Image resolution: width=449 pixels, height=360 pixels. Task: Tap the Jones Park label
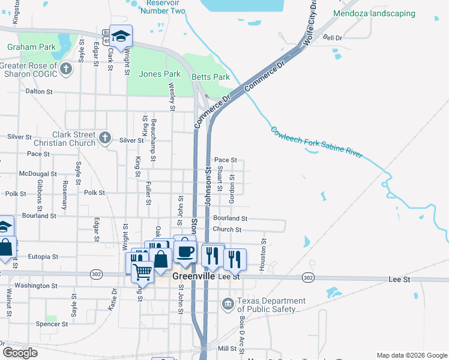pyautogui.click(x=159, y=74)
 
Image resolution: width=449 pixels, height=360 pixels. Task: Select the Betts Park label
pyautogui.click(x=211, y=77)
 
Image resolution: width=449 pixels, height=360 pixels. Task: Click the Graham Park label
pyautogui.click(x=31, y=47)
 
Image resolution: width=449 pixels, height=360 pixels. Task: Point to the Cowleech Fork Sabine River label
pyautogui.click(x=316, y=142)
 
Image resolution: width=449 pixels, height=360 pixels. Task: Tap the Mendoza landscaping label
pyautogui.click(x=382, y=13)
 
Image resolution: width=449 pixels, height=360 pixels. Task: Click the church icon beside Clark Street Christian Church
pyautogui.click(x=105, y=139)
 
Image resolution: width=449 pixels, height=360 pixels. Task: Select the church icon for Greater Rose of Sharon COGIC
pyautogui.click(x=66, y=70)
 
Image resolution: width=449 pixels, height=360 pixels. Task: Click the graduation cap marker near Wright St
pyautogui.click(x=121, y=37)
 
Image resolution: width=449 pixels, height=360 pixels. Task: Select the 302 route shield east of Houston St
pyautogui.click(x=308, y=278)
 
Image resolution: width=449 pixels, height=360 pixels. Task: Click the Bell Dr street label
pyautogui.click(x=332, y=38)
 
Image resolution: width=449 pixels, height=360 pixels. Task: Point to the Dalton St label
pyautogui.click(x=40, y=92)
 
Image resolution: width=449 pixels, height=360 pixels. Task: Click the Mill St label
pyautogui.click(x=228, y=349)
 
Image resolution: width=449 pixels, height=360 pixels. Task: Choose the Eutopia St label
pyautogui.click(x=43, y=256)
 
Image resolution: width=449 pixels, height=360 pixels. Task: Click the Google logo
pyautogui.click(x=20, y=353)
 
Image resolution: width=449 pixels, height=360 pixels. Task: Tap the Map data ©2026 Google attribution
pyautogui.click(x=411, y=355)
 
